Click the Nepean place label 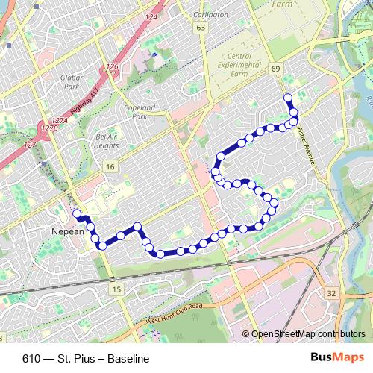(x=68, y=232)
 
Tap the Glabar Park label (x=71, y=81)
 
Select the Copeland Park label (x=139, y=112)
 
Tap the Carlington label (x=210, y=15)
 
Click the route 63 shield (x=200, y=28)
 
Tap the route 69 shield (x=276, y=69)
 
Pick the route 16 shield (x=110, y=166)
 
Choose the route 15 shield (x=116, y=289)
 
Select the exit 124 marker (x=152, y=17)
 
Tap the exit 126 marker (x=113, y=68)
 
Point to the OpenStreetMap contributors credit (x=307, y=335)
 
